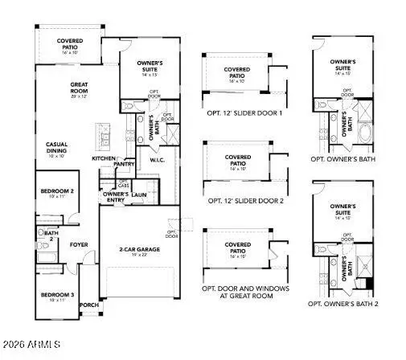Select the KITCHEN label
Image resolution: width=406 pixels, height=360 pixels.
pyautogui.click(x=103, y=159)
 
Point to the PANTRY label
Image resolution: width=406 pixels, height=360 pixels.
pyautogui.click(x=124, y=164)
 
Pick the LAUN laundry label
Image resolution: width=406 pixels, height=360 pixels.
pyautogui.click(x=138, y=194)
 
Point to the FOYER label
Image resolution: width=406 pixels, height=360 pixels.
pyautogui.click(x=79, y=244)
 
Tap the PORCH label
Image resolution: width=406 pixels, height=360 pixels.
pyautogui.click(x=88, y=305)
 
